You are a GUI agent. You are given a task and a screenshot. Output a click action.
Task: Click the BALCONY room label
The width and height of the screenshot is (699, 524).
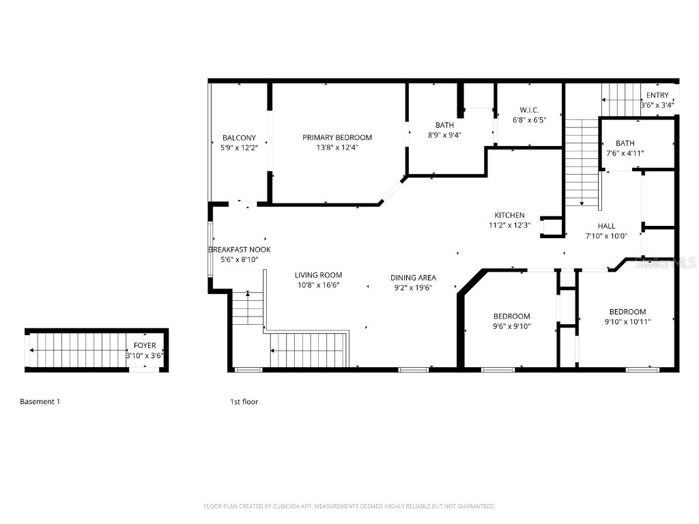[x=239, y=138]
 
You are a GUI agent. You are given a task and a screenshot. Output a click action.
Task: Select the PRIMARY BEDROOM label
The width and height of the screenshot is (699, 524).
[x=337, y=138]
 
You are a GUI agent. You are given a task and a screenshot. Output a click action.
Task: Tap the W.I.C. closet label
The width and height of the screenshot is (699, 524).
[x=529, y=110]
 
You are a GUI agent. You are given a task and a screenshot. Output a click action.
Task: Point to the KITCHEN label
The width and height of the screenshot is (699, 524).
[x=509, y=216]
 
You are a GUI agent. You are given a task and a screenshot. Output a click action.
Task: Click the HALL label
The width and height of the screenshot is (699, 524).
[x=606, y=227]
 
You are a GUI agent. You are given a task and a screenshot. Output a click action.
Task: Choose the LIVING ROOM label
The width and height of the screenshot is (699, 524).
[x=318, y=276]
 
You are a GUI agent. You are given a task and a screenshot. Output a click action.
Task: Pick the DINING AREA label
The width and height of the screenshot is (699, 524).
[x=413, y=278]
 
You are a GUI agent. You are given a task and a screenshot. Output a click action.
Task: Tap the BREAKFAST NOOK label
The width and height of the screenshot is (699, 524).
[x=239, y=250]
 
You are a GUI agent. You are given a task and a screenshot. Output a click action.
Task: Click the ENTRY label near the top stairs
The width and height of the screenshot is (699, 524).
[x=657, y=96]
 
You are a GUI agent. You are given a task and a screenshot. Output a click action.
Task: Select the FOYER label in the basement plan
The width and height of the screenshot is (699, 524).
[x=144, y=346]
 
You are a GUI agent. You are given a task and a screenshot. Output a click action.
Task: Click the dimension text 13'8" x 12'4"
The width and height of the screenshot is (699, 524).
[x=337, y=147]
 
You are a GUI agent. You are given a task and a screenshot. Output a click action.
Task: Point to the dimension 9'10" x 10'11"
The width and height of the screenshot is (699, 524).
[x=627, y=321]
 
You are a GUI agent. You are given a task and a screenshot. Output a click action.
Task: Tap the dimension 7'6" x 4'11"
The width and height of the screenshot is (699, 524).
[x=625, y=153]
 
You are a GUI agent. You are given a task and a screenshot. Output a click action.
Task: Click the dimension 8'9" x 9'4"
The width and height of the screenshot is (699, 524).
[x=444, y=134]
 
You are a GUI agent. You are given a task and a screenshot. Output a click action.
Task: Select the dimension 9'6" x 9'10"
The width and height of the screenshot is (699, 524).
[x=511, y=326]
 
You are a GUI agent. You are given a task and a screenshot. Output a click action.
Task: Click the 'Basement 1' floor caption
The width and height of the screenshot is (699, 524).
[x=40, y=402]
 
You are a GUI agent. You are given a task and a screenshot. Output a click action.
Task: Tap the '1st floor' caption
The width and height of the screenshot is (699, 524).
[x=244, y=402]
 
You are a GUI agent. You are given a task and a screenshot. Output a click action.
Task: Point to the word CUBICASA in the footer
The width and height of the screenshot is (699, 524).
[x=284, y=506]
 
